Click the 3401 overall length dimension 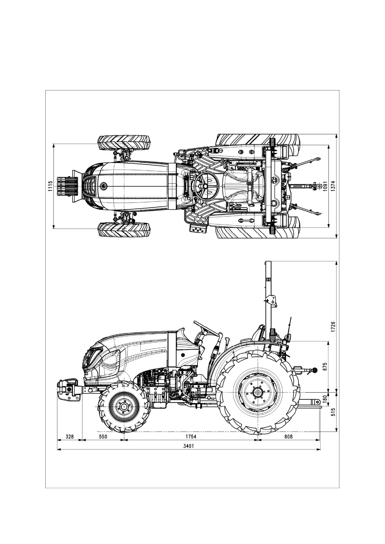tap(189, 446)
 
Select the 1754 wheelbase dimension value tap(191, 436)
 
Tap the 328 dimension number tap(70, 436)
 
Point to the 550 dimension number tap(103, 436)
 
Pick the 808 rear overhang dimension tap(289, 436)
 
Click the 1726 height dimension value tap(333, 327)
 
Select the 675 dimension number tap(325, 367)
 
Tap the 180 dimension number tap(325, 399)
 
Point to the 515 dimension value tap(333, 412)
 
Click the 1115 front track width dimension tap(50, 186)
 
